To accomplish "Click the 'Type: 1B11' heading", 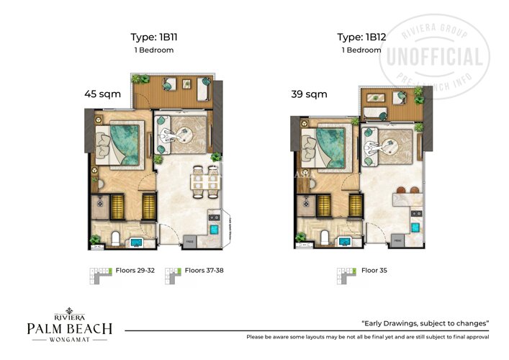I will (x=153, y=37).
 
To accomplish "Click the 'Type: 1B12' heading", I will (x=361, y=37).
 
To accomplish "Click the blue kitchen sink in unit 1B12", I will (x=416, y=225).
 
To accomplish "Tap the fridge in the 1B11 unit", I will (x=189, y=240).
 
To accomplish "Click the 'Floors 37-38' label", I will (x=205, y=271).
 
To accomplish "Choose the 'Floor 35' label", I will (x=366, y=271).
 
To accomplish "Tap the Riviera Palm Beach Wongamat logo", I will (x=69, y=328).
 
